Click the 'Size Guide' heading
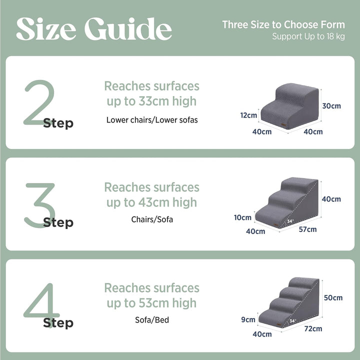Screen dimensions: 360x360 click(x=94, y=29)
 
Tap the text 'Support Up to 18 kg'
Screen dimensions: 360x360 click(x=308, y=36)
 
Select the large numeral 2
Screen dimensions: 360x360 click(x=39, y=102)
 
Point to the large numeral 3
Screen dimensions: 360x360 click(x=40, y=205)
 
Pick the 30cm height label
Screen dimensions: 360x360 click(x=331, y=106)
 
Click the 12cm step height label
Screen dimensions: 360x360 click(x=248, y=115)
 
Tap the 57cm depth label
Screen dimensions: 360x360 click(x=307, y=229)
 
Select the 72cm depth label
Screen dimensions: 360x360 click(x=313, y=328)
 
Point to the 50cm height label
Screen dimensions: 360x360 click(x=333, y=297)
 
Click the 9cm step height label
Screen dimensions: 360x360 click(x=248, y=319)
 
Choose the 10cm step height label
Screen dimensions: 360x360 click(x=242, y=217)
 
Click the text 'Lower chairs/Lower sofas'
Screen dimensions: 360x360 click(x=152, y=120)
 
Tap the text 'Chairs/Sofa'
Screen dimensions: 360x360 click(x=152, y=219)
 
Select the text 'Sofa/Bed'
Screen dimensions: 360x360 click(x=152, y=320)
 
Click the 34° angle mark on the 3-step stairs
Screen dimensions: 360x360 click(x=290, y=221)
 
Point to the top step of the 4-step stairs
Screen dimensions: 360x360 click(x=303, y=282)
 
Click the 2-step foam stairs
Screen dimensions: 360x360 click(x=289, y=106)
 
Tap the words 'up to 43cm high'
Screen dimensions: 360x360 click(x=152, y=202)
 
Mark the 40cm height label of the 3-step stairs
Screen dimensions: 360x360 click(x=331, y=199)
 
